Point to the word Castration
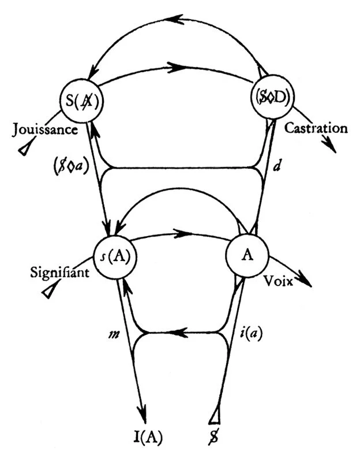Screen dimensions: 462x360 pos(315,127)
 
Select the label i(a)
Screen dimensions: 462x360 pos(252,333)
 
